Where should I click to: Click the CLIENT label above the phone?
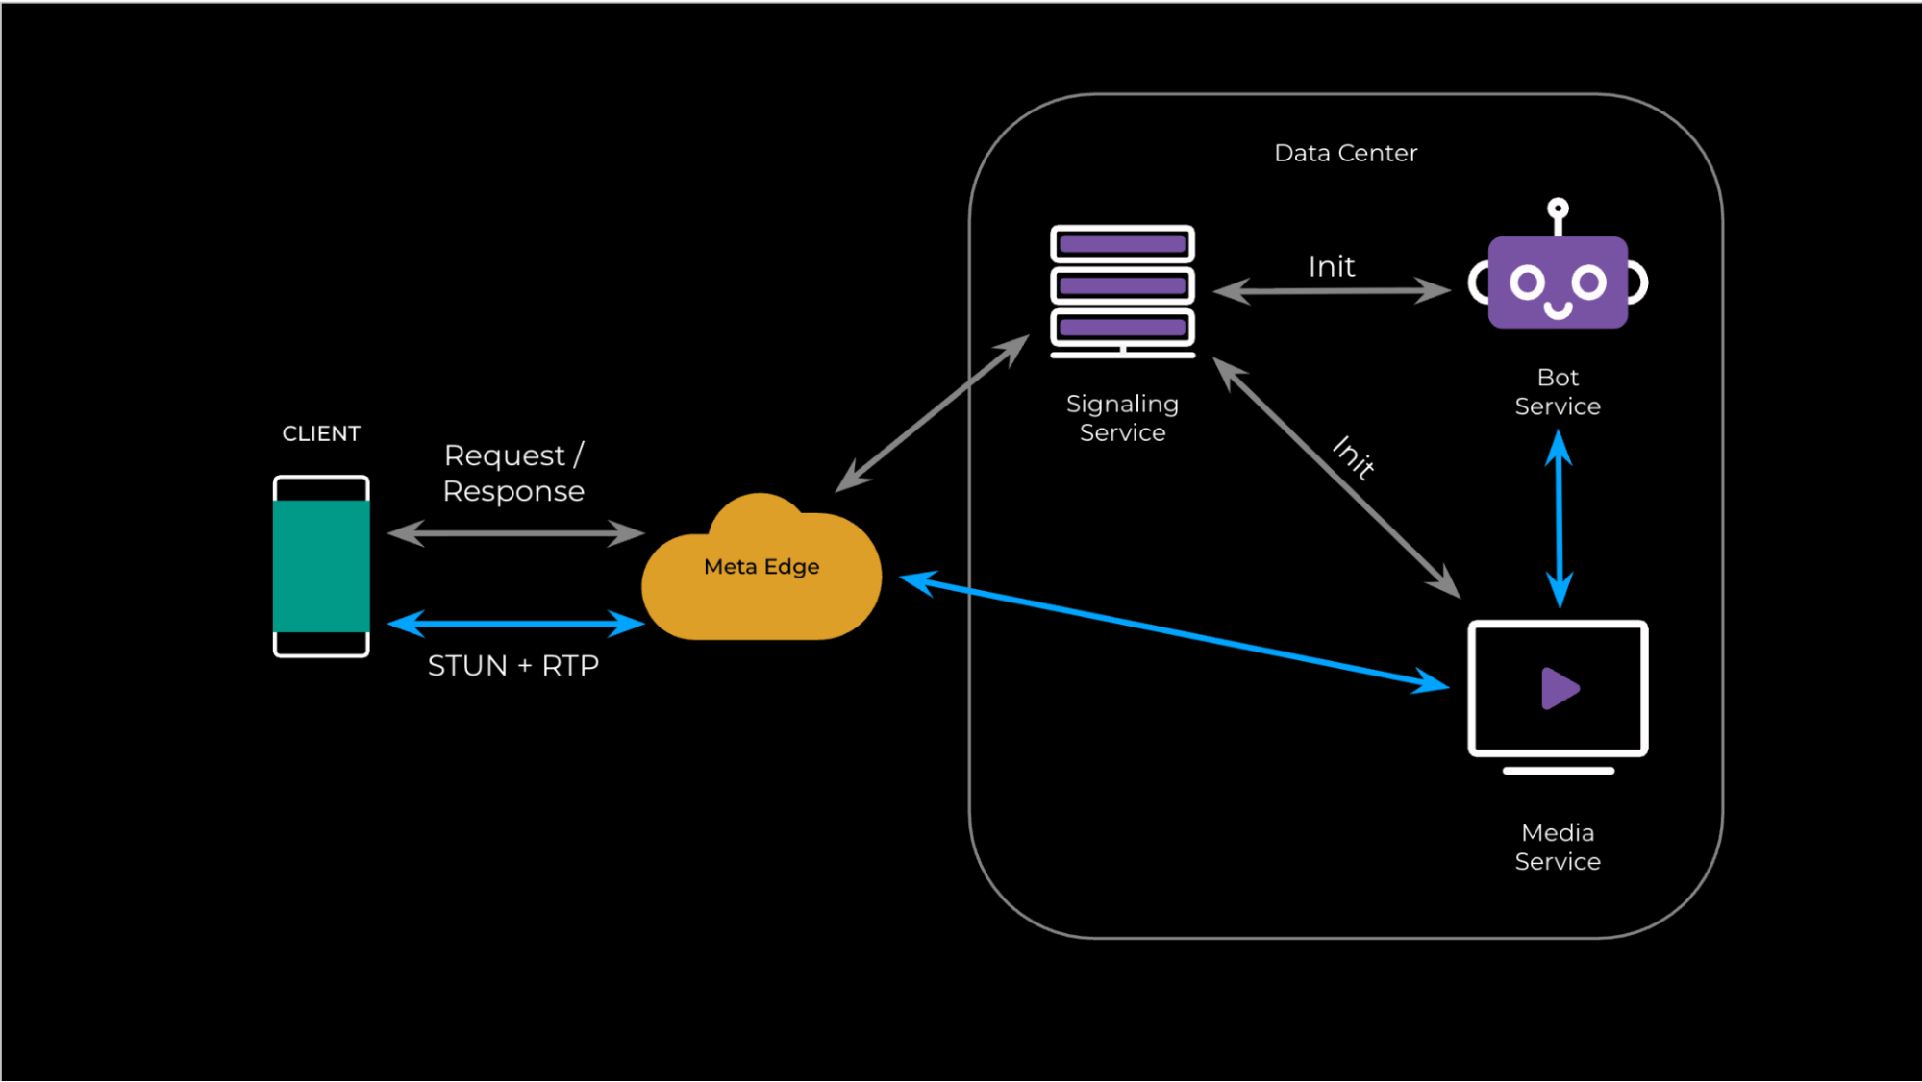point(321,433)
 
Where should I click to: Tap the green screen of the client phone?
point(321,566)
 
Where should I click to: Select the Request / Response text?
point(513,473)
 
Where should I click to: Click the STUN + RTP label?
point(513,665)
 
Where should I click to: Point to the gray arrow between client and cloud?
point(515,533)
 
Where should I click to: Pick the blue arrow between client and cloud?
point(515,624)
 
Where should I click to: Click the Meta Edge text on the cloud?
point(761,567)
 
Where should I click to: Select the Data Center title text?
point(1345,153)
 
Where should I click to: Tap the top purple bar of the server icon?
point(1122,244)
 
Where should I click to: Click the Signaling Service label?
point(1122,418)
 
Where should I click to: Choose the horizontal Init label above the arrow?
point(1332,266)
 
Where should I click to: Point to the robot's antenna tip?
point(1558,208)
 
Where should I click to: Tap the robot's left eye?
point(1527,283)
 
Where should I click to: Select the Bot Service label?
point(1558,391)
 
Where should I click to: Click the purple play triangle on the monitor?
point(1559,688)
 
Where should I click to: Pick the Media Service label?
point(1558,847)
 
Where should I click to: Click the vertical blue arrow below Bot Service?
point(1559,519)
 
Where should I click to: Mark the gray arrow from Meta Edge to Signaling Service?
point(932,413)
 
